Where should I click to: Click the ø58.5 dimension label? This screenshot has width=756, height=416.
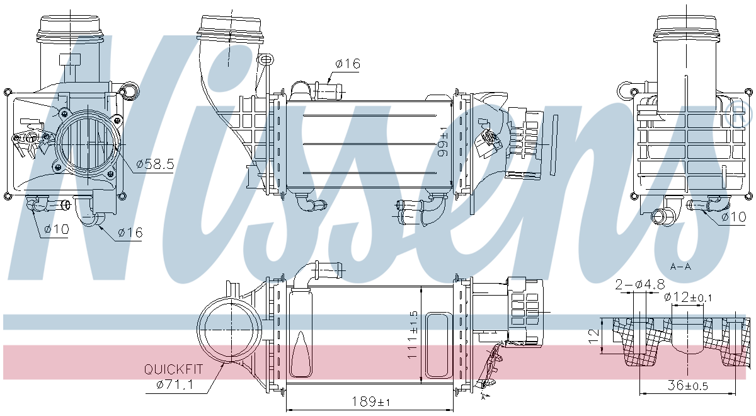(x=156, y=165)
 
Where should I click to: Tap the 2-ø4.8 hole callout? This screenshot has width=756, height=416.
(x=641, y=284)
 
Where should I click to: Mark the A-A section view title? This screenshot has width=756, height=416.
(x=680, y=266)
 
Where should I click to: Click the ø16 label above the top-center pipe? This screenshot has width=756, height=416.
(x=347, y=63)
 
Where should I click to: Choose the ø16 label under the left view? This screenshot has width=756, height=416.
(x=130, y=233)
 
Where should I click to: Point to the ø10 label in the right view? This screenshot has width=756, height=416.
(x=733, y=217)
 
